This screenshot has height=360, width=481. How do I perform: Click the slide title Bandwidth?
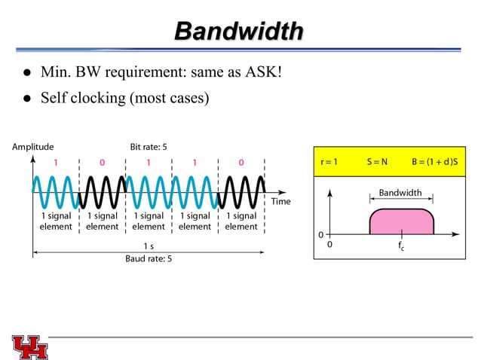point(239,31)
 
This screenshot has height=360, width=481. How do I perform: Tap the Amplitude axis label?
point(32,146)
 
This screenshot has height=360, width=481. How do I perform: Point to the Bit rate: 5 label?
point(149,146)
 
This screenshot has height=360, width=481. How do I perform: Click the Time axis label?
point(281,201)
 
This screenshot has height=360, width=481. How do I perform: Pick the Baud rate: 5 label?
point(149,258)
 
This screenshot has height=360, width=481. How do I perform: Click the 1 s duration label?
point(149,246)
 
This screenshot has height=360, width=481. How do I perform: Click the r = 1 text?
point(329,161)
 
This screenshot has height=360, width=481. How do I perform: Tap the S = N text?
point(377,161)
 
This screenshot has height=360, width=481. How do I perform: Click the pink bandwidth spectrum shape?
point(401,222)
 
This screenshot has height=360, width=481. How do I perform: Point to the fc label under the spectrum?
point(401,246)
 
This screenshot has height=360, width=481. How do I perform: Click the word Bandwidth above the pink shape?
point(400,193)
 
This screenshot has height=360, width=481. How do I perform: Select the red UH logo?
point(29,346)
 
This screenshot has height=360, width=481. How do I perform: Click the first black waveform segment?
point(103,193)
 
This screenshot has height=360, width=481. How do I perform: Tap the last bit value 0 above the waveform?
point(241,162)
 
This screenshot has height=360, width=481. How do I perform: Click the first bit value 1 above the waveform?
point(56,162)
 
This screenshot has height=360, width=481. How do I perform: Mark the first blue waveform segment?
point(56,193)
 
